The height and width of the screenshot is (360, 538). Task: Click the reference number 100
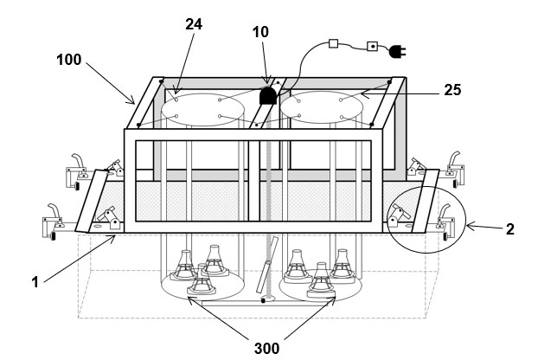pos(69,60)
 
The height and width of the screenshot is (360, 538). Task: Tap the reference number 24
pos(194,24)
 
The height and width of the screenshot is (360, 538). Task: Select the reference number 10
pos(260,32)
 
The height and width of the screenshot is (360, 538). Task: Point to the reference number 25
pos(452,90)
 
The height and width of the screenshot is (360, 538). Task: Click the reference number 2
pos(510,229)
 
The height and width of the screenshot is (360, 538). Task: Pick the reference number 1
pos(35,282)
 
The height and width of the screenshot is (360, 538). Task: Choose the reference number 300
pos(266,349)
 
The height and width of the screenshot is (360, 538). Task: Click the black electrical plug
pos(397,52)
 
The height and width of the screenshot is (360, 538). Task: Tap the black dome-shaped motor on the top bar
pos(267,95)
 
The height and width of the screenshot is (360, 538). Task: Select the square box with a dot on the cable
pos(373,46)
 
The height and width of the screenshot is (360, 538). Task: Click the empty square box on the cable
pos(334,43)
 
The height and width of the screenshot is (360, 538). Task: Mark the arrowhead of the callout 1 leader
pos(112,238)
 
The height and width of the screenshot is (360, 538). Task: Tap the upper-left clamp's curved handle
pos(78,160)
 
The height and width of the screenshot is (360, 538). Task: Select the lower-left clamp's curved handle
pos(54,210)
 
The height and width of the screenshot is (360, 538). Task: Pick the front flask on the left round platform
pos(202,280)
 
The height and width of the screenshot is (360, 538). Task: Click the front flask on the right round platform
pos(321,280)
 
